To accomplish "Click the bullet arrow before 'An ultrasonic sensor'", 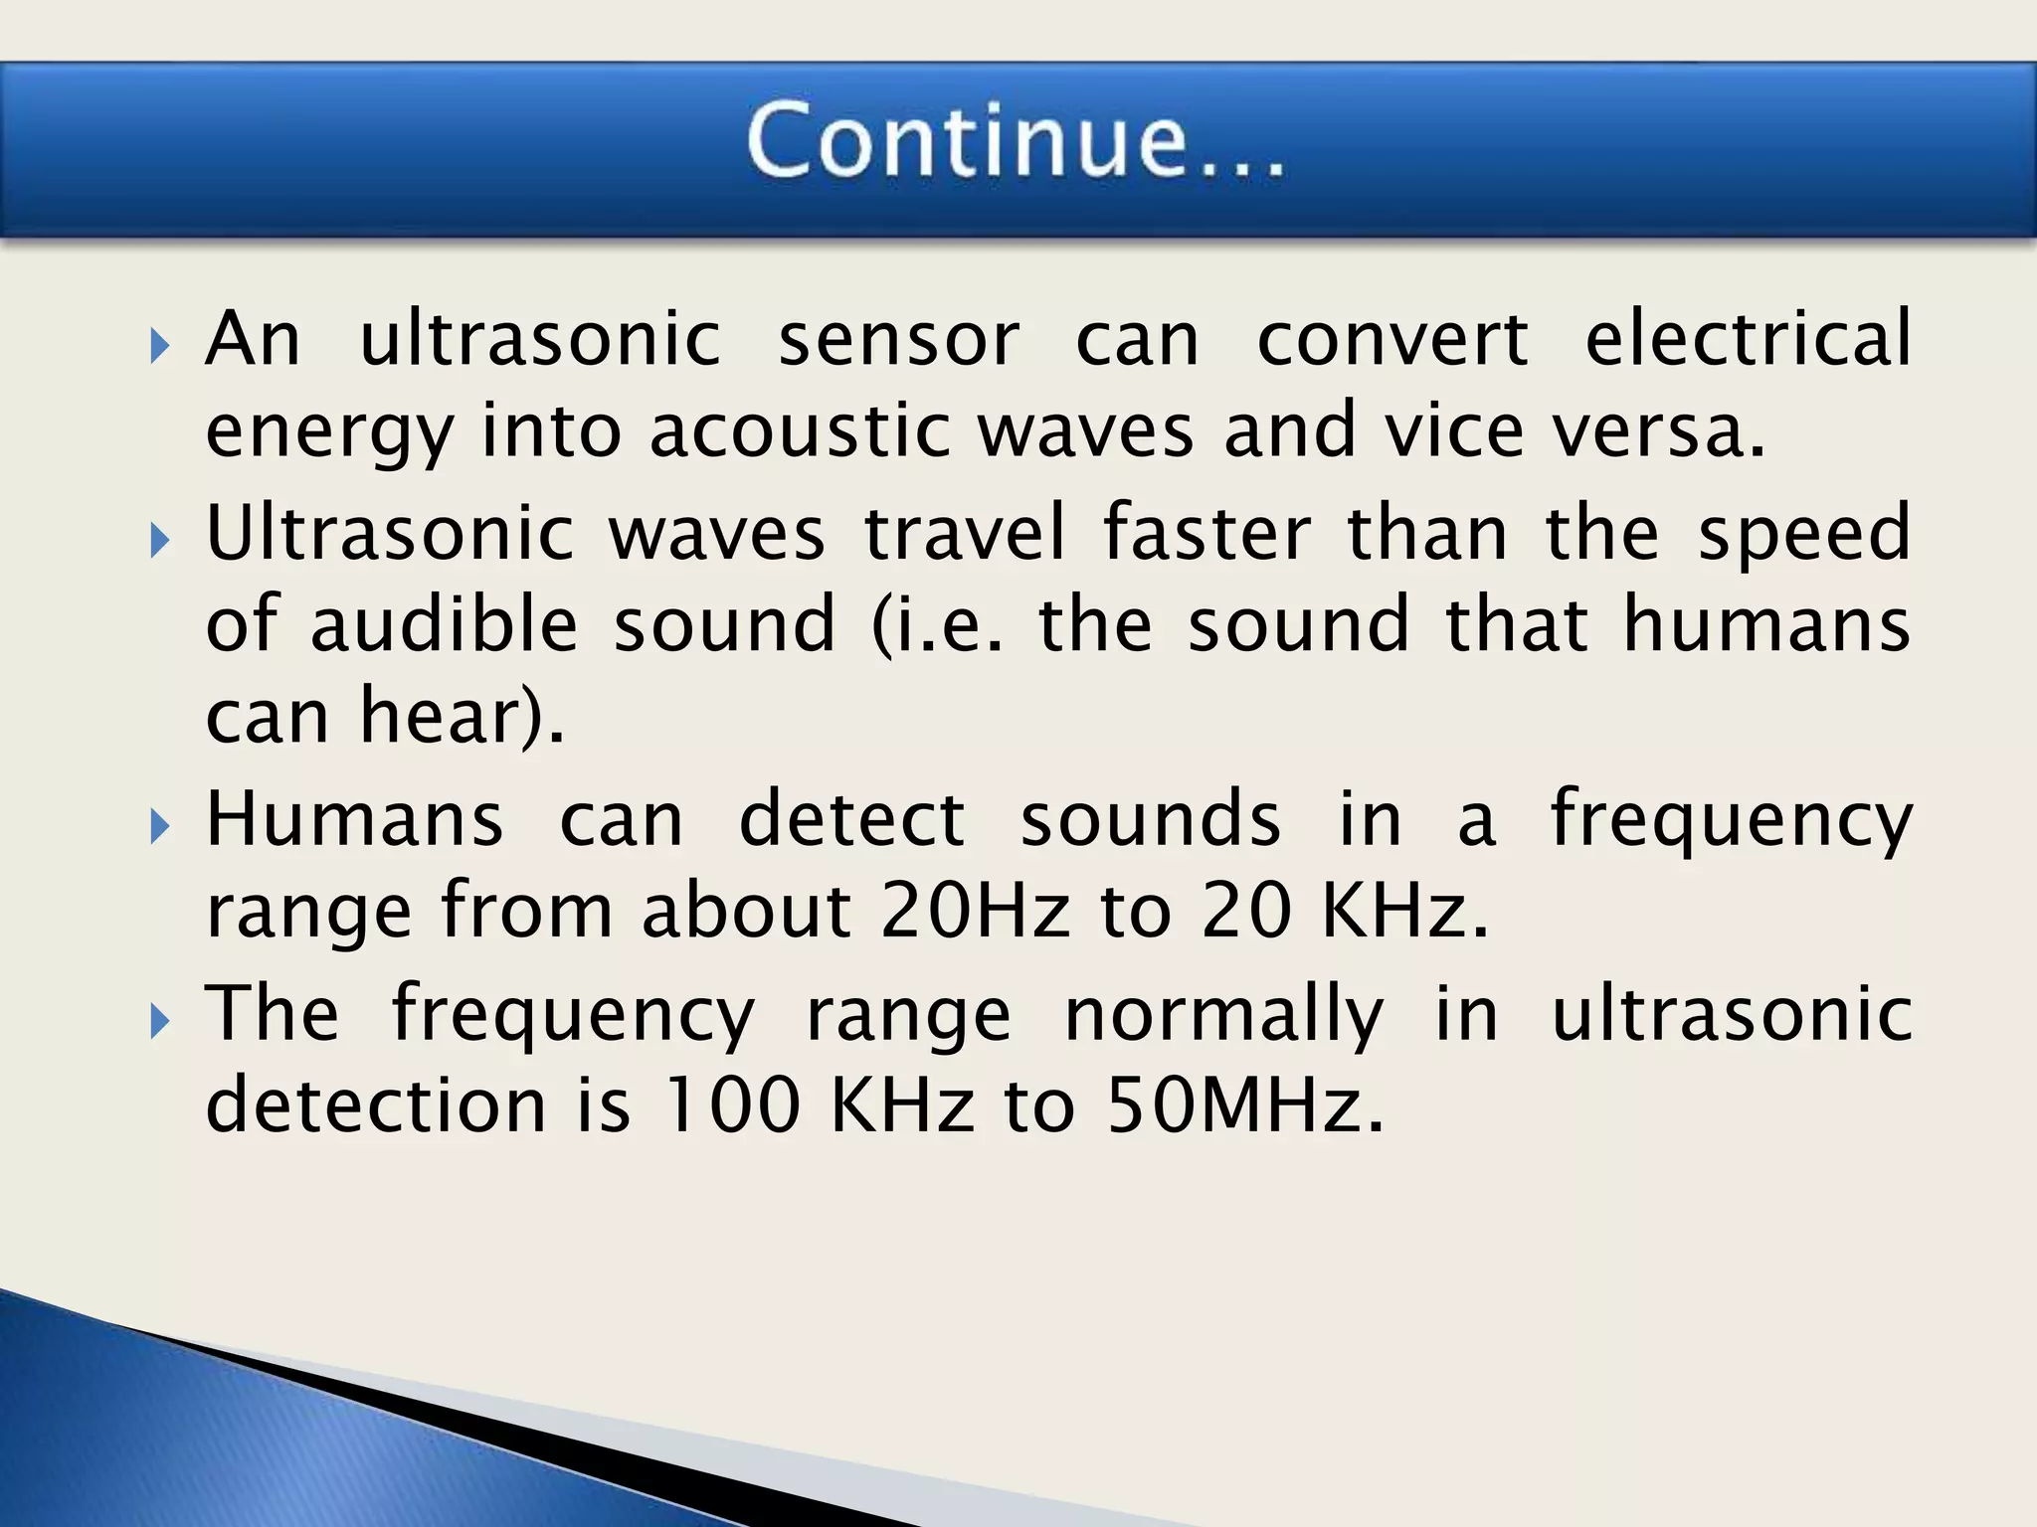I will pos(160,347).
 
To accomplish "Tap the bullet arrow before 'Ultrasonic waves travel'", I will pos(160,541).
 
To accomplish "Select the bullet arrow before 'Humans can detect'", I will pos(160,826).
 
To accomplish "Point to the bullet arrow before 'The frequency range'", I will pos(160,1021).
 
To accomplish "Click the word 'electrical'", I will pos(1748,338).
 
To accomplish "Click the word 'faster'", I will pos(1207,533).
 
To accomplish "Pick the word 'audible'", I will pos(444,624).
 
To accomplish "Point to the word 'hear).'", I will pos(462,716).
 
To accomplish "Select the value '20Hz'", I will pos(975,910).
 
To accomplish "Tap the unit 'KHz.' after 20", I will pos(1404,910).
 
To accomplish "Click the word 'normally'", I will pos(1223,1014).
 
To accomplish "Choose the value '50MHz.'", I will pos(1245,1104).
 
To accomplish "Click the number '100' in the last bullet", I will pos(732,1104).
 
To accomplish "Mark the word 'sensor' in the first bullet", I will pos(898,338).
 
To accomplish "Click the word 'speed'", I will pos(1803,533).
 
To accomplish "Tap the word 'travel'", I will pos(965,533).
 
